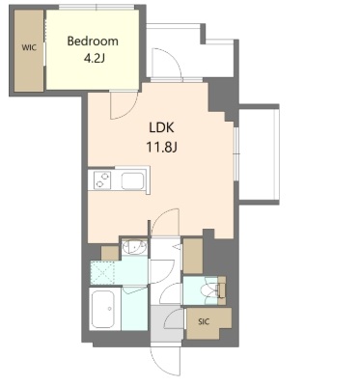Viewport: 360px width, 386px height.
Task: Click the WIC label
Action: point(29,48)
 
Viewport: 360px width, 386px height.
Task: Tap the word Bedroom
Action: point(93,41)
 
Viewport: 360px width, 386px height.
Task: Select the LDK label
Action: point(161,127)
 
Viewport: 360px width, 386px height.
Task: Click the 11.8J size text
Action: point(162,148)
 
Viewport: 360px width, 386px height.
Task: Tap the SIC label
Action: point(204,321)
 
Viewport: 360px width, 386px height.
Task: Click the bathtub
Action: point(104,309)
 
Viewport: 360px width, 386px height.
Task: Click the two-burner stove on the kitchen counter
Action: point(102,179)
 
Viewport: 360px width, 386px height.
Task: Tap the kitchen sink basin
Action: point(132,180)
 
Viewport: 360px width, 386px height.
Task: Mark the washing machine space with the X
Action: point(102,273)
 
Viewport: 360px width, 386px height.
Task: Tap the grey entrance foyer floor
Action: point(167,324)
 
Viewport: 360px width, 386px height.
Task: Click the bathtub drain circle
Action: point(110,309)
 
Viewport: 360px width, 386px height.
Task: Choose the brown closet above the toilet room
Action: point(193,256)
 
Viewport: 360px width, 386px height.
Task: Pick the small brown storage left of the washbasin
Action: point(110,253)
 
